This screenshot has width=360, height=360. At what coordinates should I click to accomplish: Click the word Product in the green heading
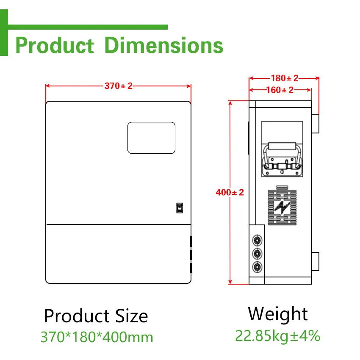pos(54,45)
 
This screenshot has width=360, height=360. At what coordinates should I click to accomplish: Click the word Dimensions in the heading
pos(163,45)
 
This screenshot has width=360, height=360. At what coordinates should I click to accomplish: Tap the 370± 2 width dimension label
pos(119,86)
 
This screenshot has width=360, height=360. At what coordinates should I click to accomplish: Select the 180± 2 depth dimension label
pos(284,78)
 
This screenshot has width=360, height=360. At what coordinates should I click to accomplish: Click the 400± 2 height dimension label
pos(230,192)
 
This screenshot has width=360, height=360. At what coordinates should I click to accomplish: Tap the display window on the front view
pos(151,138)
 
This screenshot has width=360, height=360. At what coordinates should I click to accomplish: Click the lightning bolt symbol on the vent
pos(282,207)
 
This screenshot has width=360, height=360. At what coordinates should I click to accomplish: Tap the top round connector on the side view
pos(257,240)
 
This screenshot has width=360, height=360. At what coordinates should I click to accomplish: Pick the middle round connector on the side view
pos(257,254)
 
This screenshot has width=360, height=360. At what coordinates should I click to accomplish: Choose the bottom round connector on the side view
pos(257,267)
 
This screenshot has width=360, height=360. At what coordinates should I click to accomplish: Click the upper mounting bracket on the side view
pos(315,123)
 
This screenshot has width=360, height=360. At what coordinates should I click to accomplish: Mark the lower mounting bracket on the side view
pos(315,261)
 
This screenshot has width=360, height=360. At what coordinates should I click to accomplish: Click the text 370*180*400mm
pos(97,337)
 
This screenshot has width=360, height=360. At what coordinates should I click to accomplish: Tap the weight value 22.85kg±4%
pos(278,335)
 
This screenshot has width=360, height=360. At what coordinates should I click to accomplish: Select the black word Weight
pos(278,314)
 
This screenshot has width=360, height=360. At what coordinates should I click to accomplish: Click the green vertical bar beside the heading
pos(4,33)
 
